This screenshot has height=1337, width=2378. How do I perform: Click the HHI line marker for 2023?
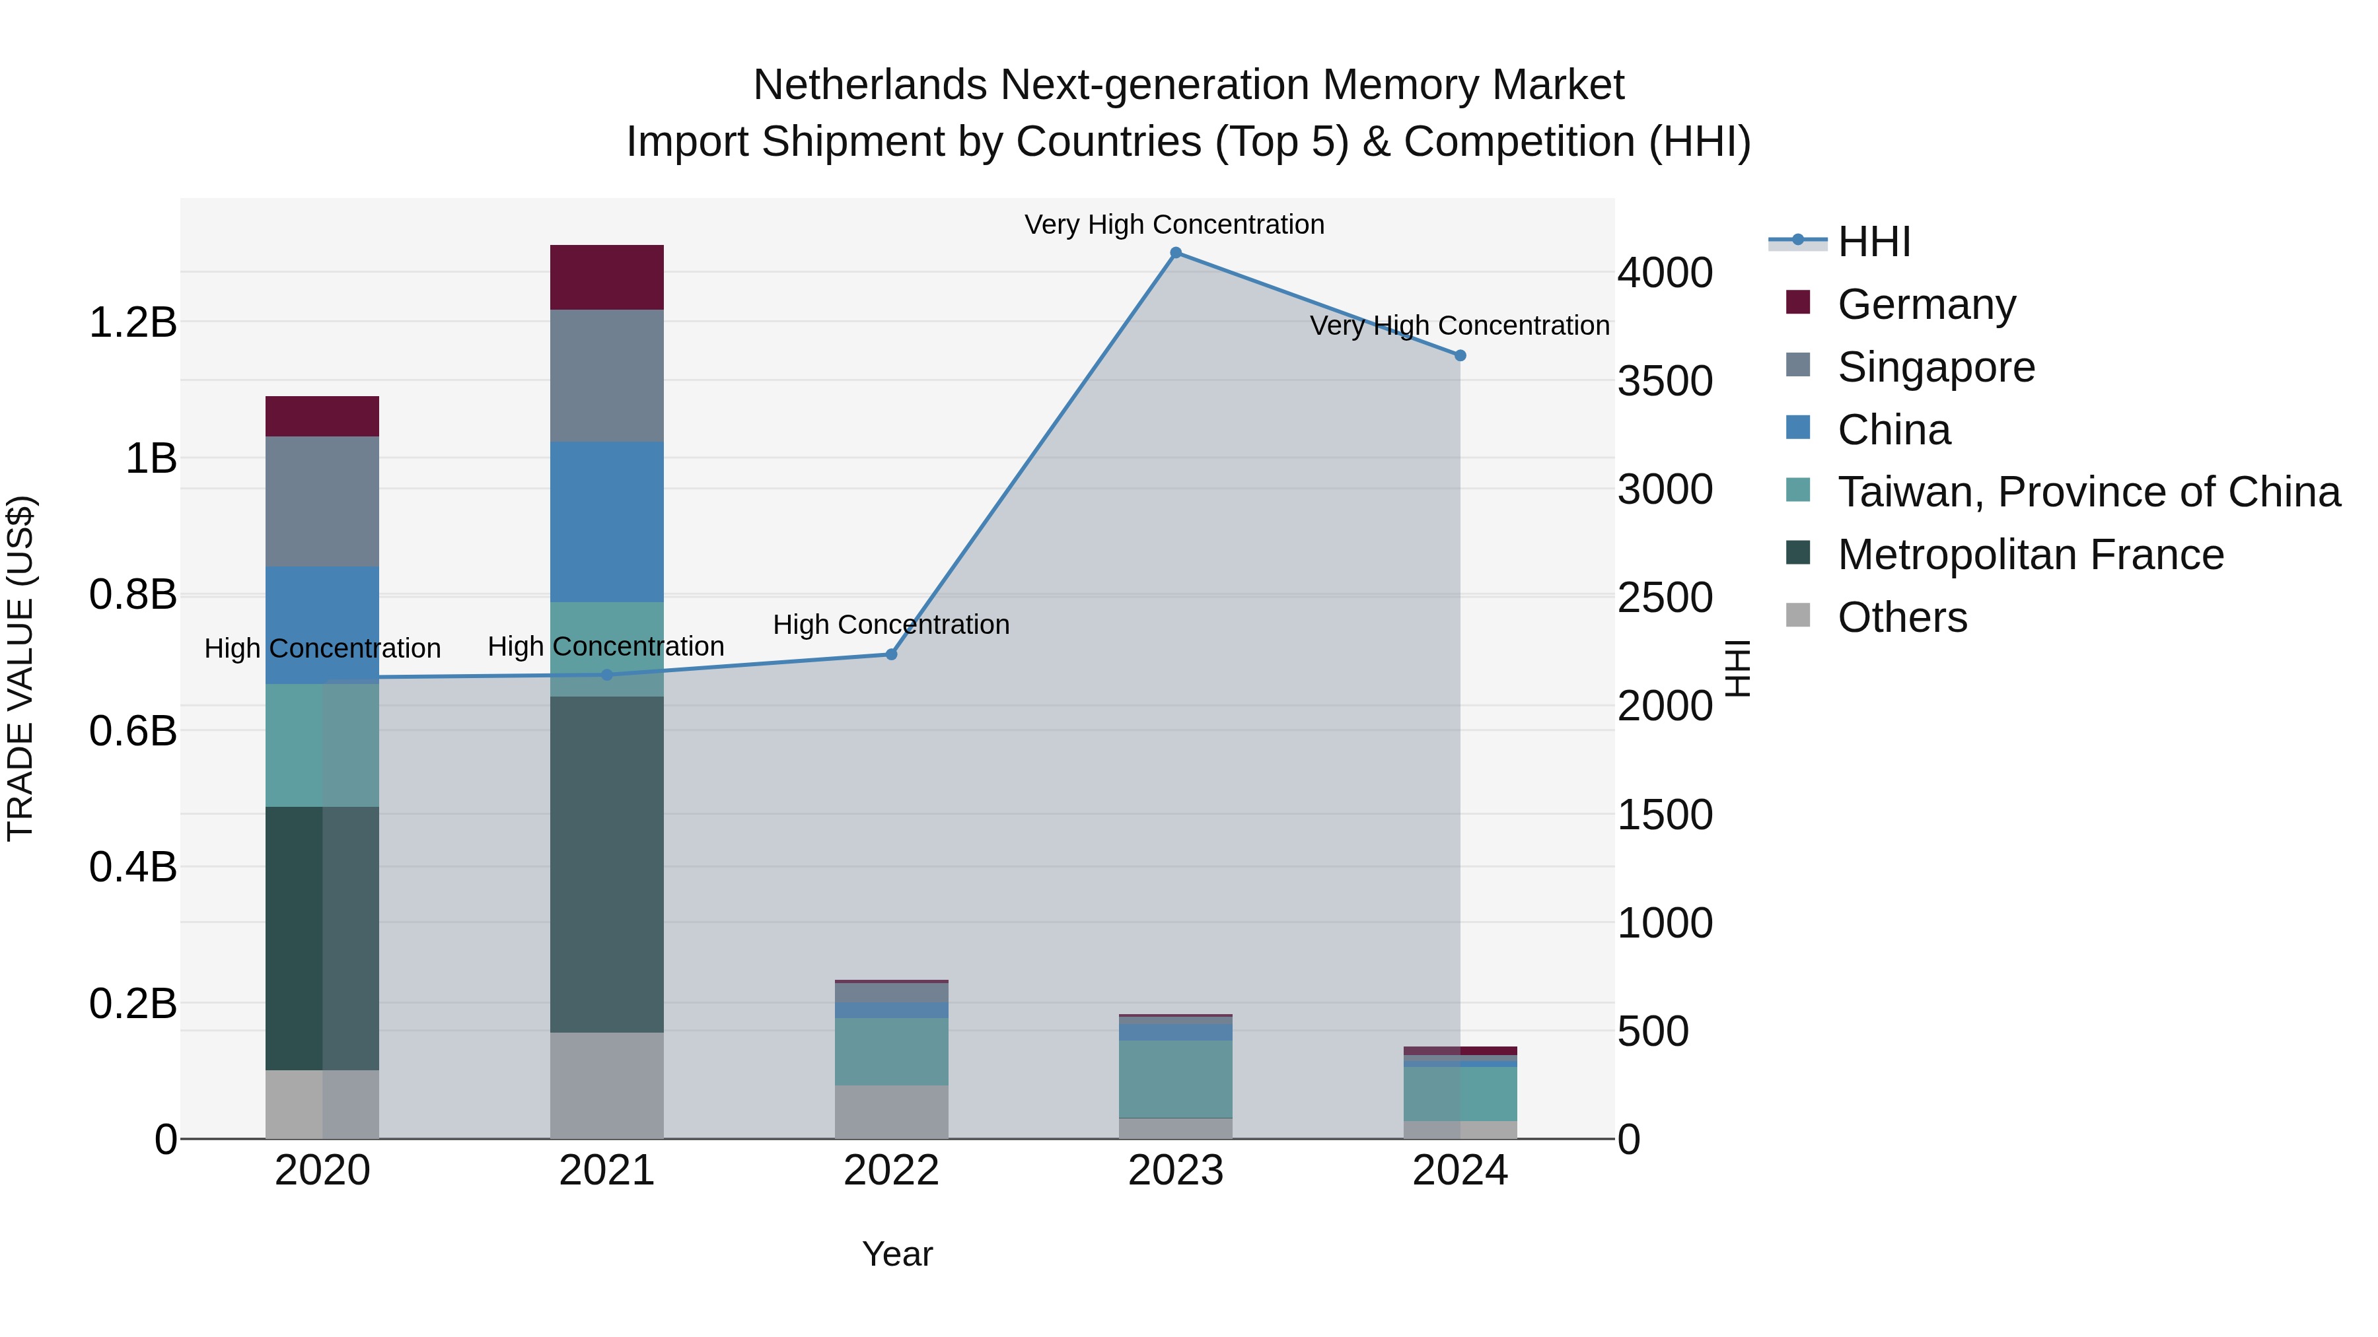[1175, 253]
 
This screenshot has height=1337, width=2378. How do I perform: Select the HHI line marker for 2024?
[1459, 355]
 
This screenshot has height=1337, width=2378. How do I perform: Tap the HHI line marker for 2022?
[891, 654]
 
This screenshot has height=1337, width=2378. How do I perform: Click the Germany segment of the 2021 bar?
[606, 277]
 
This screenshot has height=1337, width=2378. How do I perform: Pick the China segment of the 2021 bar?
[606, 522]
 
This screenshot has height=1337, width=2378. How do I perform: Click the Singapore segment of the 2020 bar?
[322, 501]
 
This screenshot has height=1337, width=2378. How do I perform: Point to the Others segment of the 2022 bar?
[891, 1111]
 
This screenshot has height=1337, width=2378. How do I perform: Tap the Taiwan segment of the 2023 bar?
[1175, 1079]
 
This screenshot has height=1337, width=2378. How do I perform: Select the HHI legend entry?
[1873, 242]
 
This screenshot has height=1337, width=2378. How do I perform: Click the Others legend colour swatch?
[1797, 615]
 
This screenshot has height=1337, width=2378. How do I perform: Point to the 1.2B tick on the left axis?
[133, 323]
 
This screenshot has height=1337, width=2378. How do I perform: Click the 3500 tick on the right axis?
[1665, 381]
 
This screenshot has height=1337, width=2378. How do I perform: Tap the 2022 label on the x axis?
[891, 1171]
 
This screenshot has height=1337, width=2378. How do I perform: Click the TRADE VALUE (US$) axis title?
[21, 668]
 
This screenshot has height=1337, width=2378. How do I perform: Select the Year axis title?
[896, 1254]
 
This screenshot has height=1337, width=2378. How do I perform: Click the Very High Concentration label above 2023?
[1174, 224]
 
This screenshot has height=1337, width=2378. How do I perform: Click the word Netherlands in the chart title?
[869, 85]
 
